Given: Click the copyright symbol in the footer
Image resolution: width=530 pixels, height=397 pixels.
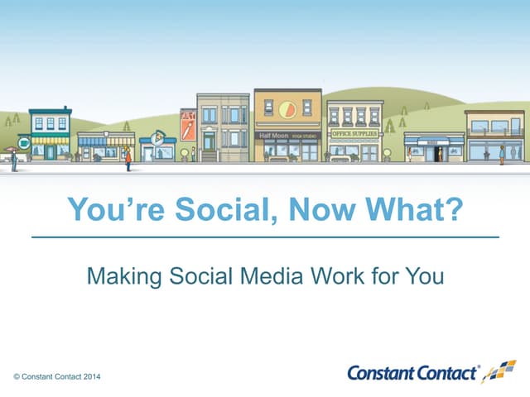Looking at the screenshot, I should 17,377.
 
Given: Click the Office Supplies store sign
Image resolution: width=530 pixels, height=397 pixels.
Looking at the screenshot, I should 354,132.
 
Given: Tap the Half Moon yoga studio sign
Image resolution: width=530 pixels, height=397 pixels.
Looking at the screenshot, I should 287,135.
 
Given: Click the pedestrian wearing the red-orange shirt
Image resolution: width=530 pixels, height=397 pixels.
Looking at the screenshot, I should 128,155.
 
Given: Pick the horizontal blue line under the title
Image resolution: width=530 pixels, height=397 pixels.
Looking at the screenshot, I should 265,237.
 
